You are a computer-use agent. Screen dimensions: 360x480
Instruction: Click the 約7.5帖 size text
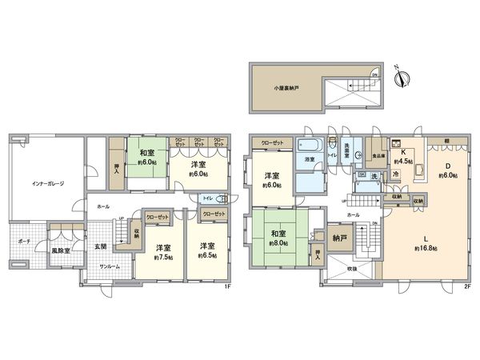point(163,256)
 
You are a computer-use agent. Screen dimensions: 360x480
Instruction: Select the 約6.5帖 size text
point(206,256)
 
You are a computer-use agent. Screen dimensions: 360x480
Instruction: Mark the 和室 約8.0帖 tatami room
point(278,238)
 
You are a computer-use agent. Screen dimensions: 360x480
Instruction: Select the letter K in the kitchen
point(405,150)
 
